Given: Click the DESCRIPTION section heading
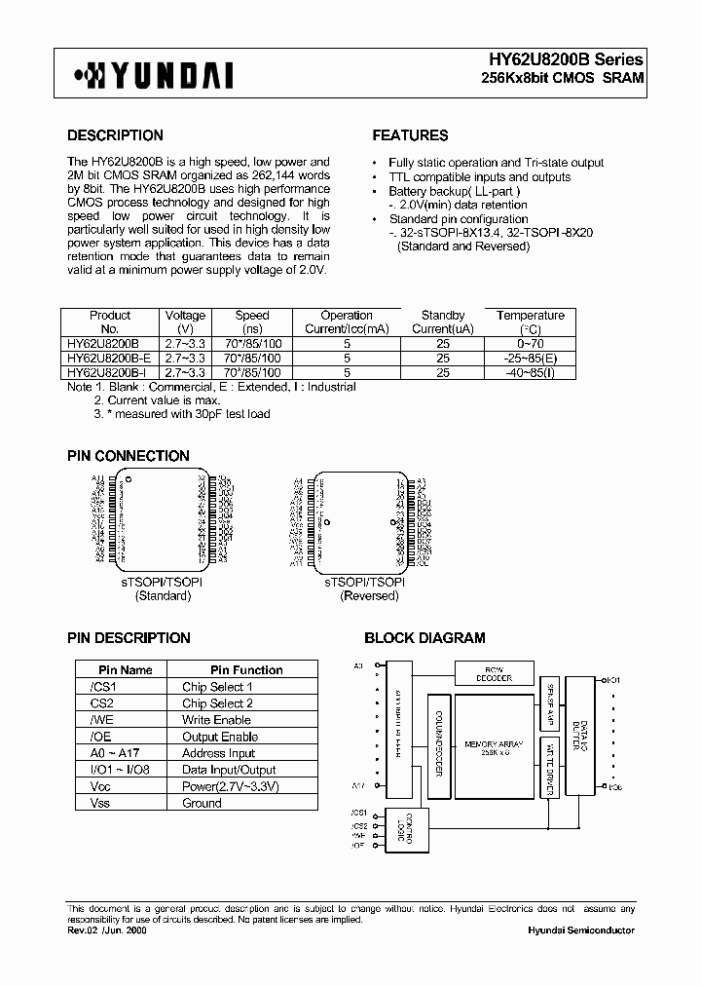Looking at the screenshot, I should click(115, 135).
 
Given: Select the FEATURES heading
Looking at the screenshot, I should click(410, 135).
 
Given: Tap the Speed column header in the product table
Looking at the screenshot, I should click(252, 322).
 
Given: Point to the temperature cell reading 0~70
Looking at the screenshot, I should click(530, 344).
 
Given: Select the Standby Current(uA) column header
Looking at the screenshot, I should click(442, 322).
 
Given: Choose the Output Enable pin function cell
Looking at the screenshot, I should click(220, 737).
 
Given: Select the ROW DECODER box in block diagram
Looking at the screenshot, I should click(493, 674).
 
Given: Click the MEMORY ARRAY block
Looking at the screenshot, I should click(494, 747).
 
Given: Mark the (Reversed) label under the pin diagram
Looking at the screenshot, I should click(368, 595).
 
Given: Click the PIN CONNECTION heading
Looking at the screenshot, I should click(128, 456).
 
